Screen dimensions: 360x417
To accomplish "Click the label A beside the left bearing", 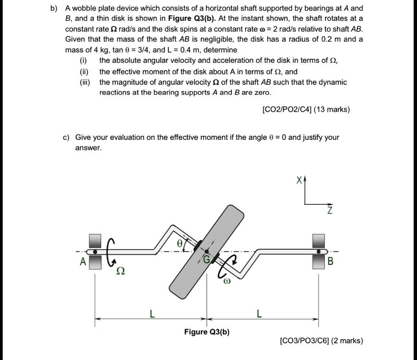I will point(83,262).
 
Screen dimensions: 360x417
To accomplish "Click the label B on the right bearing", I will point(330,262).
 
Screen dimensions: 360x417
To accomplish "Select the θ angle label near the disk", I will point(178,244).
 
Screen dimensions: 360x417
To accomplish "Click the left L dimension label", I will point(151,314).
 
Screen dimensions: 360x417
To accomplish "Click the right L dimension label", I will point(259,314).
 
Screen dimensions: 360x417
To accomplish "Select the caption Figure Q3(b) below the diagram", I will point(207,332).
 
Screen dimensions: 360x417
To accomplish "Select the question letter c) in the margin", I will point(66,137).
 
